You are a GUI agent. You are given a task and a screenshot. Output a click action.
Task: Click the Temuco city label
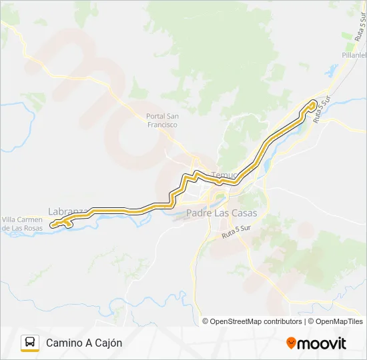(x=224, y=175)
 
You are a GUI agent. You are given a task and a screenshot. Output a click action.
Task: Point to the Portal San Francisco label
(x=162, y=121)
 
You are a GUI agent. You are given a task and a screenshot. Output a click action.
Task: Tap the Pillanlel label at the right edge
(x=354, y=56)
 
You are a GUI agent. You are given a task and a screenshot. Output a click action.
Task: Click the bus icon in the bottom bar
(x=30, y=343)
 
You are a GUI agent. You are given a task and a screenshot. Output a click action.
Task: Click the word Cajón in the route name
(x=109, y=343)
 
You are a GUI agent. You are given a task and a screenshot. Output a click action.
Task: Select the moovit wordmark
(x=322, y=343)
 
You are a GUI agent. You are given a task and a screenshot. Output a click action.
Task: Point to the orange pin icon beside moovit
(x=291, y=343)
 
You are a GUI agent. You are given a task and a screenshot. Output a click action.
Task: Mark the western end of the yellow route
(x=52, y=224)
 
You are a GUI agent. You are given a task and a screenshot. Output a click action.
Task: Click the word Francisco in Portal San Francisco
(x=163, y=125)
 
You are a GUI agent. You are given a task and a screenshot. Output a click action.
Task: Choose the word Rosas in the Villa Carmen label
(x=34, y=229)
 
